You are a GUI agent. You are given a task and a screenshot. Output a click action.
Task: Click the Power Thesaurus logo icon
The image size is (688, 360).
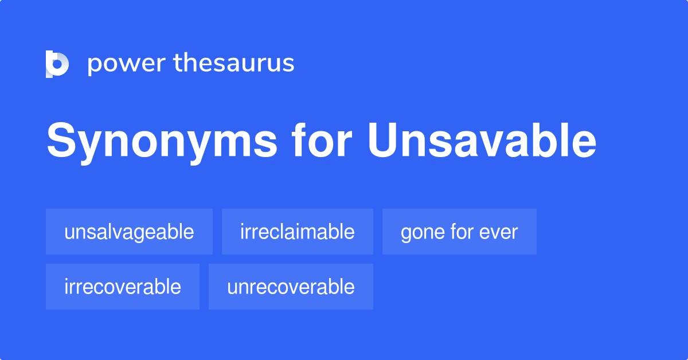[x=57, y=63]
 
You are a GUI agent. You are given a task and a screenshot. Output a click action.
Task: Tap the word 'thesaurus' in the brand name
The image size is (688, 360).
[x=234, y=63]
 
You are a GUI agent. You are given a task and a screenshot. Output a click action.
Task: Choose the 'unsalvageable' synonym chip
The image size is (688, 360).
[x=129, y=232]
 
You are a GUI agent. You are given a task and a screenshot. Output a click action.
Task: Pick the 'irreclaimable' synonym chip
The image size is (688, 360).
[x=297, y=232]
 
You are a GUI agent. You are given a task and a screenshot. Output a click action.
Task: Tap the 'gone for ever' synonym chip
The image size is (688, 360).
[x=459, y=232]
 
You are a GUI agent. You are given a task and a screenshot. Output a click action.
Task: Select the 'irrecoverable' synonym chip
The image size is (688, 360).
[x=123, y=287]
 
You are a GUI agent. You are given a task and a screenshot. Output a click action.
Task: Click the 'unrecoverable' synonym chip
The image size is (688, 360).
[x=291, y=287]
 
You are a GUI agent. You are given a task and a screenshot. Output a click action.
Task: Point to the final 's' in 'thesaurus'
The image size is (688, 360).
[x=288, y=64]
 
